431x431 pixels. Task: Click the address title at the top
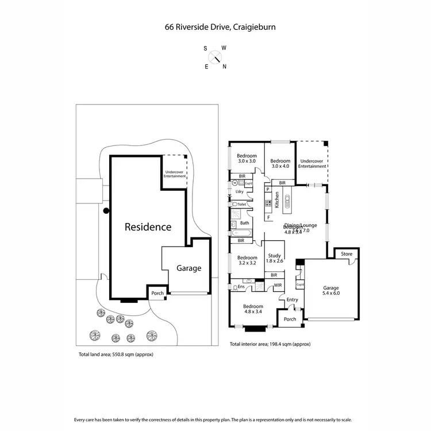(215, 26)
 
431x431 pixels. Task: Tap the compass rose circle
(215, 57)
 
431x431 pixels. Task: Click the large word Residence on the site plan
(148, 227)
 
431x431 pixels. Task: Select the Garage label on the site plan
(188, 268)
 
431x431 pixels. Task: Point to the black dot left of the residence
(106, 211)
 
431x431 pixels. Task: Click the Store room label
(347, 253)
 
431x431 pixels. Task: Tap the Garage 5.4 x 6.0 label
(331, 290)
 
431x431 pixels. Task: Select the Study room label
(274, 259)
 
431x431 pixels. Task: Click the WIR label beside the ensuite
(278, 285)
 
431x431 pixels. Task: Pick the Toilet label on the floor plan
(241, 204)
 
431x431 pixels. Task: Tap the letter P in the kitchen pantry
(268, 189)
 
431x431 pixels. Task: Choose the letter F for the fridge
(268, 217)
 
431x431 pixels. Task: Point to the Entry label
(292, 299)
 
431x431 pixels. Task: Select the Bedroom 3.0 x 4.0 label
(280, 163)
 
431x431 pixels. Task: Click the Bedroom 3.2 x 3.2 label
(247, 260)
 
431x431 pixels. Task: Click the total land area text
(116, 355)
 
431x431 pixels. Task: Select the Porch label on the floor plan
(290, 320)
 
